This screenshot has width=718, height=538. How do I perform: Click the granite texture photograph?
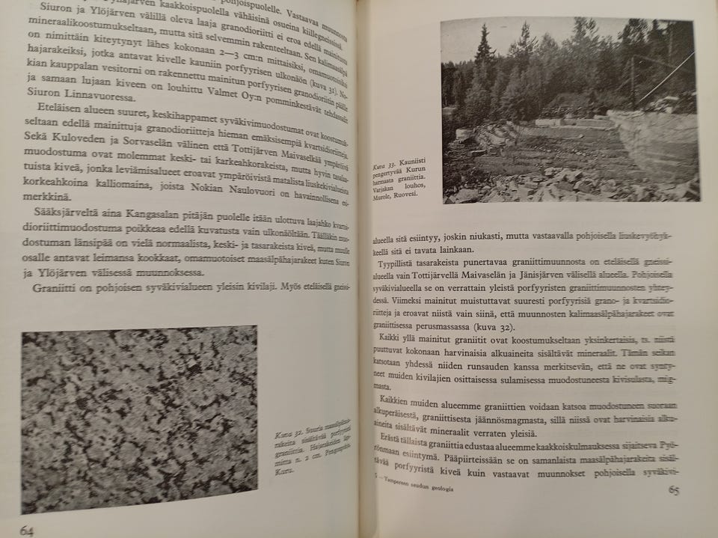(139, 418)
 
